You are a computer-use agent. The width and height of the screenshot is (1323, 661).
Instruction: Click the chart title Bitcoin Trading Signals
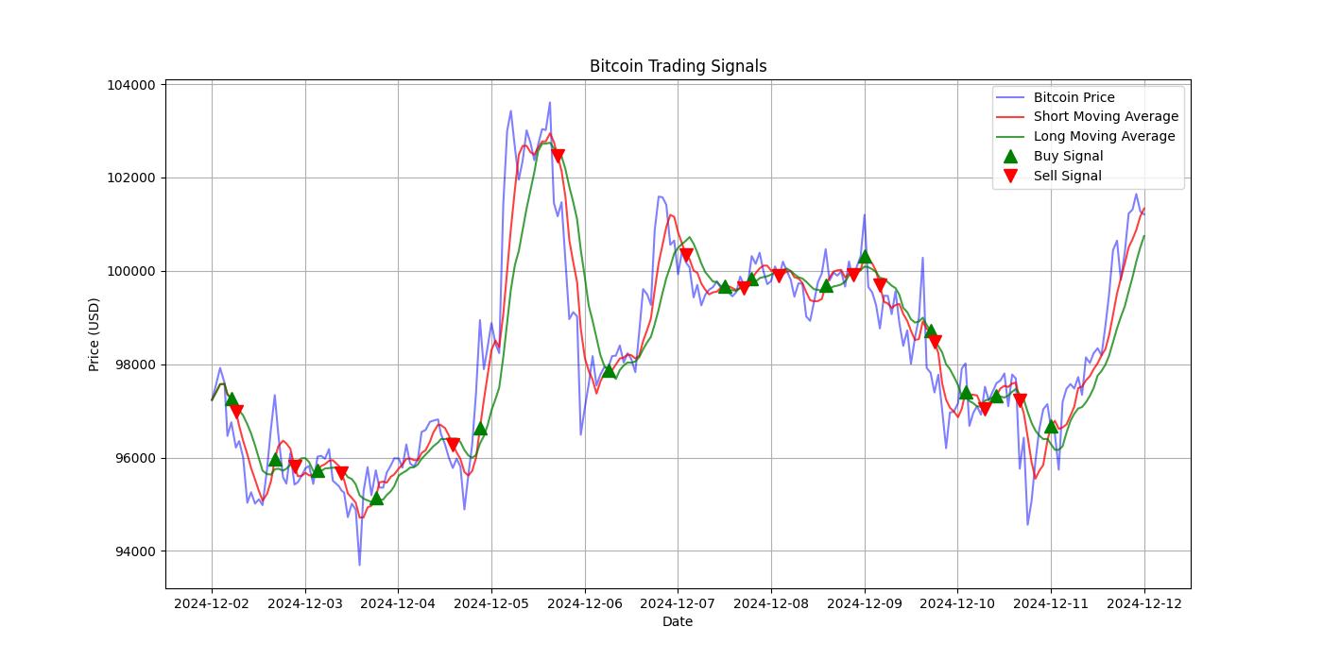coord(678,66)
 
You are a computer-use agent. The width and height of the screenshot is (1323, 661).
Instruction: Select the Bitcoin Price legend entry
coord(1074,97)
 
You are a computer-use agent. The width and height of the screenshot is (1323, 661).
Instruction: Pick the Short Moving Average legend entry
coord(1106,117)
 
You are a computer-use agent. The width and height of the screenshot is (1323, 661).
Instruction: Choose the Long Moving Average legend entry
coord(1104,136)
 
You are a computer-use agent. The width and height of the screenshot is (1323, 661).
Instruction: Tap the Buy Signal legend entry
coord(1068,156)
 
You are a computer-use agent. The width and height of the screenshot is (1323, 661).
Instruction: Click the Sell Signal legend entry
coord(1067,176)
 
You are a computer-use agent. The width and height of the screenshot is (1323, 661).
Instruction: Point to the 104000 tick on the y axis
coord(130,85)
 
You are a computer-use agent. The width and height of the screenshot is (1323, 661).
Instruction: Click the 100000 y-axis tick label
coord(130,271)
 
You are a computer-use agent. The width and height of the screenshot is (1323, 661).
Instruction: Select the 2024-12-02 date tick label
coord(212,602)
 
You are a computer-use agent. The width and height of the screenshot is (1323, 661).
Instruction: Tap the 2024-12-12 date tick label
coord(1144,602)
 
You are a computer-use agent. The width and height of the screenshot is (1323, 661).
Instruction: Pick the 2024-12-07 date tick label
coord(678,602)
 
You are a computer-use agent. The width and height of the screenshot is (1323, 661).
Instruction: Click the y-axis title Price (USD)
coord(94,334)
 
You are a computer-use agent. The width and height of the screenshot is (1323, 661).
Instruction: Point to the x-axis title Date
coord(678,621)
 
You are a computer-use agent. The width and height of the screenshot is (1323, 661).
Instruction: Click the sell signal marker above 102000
coord(558,155)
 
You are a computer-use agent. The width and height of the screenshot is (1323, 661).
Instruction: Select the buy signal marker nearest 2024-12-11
coord(1051,426)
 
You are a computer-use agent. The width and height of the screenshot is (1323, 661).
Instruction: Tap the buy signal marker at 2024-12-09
coord(865,256)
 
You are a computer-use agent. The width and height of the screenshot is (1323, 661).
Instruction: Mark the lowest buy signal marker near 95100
coord(377,498)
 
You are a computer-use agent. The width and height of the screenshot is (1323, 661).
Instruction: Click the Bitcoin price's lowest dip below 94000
coord(359,565)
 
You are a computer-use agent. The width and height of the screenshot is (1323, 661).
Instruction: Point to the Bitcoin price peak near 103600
coord(549,103)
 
